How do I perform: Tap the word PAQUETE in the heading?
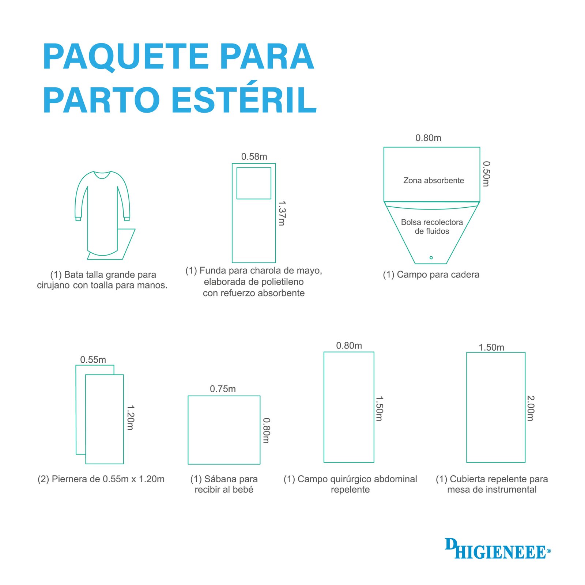[126, 57]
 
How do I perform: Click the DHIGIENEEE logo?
[497, 548]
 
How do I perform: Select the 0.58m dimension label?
[254, 156]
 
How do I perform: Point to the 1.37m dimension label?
[282, 213]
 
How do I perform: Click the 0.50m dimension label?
[486, 174]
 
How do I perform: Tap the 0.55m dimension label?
[93, 359]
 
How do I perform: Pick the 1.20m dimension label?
[130, 417]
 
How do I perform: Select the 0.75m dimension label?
[223, 389]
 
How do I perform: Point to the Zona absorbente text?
[434, 180]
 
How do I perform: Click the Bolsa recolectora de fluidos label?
[432, 226]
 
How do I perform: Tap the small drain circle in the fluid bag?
[431, 258]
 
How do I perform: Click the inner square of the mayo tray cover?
[254, 168]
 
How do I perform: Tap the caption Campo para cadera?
[431, 275]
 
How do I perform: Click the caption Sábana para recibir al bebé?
[224, 484]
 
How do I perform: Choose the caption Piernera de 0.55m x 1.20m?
[101, 479]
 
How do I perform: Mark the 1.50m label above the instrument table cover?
[491, 347]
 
